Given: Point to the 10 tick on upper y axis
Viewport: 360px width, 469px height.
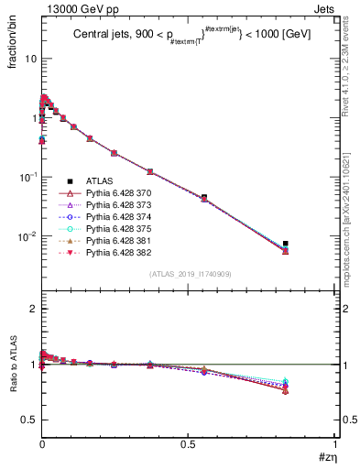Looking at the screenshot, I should tap(29, 59).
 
